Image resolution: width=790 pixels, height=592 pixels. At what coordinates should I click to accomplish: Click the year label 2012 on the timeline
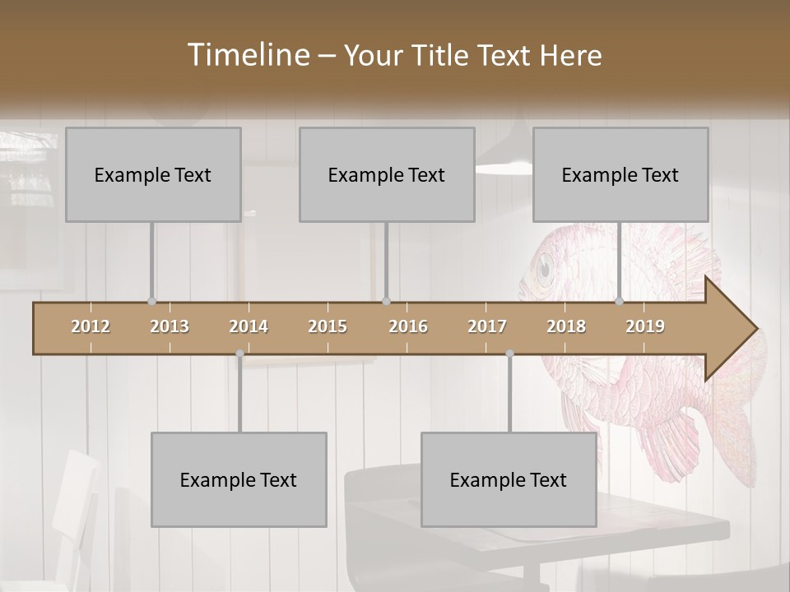[x=91, y=326]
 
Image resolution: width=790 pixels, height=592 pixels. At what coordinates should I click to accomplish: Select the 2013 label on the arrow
[x=170, y=326]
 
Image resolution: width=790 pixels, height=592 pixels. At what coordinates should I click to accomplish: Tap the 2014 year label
[x=249, y=326]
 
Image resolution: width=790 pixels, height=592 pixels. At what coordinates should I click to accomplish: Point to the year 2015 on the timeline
[x=328, y=326]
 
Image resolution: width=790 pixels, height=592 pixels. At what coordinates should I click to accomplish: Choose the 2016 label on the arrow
[x=408, y=326]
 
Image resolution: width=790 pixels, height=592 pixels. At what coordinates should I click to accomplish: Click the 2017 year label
[x=487, y=326]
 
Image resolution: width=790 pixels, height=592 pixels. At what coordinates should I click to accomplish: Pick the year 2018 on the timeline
[x=566, y=326]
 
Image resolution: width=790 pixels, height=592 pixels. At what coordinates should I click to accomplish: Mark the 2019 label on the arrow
[x=645, y=326]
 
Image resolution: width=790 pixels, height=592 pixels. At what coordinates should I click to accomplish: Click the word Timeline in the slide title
[x=248, y=55]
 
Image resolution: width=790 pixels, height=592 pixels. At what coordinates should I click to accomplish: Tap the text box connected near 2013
[x=153, y=174]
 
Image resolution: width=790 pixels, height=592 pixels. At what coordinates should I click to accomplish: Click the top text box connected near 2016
[x=387, y=174]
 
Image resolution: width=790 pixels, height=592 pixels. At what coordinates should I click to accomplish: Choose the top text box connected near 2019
[x=620, y=174]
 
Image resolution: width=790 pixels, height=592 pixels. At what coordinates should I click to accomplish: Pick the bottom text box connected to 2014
[x=239, y=479]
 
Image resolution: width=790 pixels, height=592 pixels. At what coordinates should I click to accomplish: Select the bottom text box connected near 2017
[x=509, y=479]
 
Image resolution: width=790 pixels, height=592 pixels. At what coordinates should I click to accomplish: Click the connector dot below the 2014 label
[x=239, y=354]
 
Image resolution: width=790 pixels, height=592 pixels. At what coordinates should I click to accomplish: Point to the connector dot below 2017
[x=509, y=354]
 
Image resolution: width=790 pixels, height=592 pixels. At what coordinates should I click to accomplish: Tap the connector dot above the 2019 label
[x=620, y=302]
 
